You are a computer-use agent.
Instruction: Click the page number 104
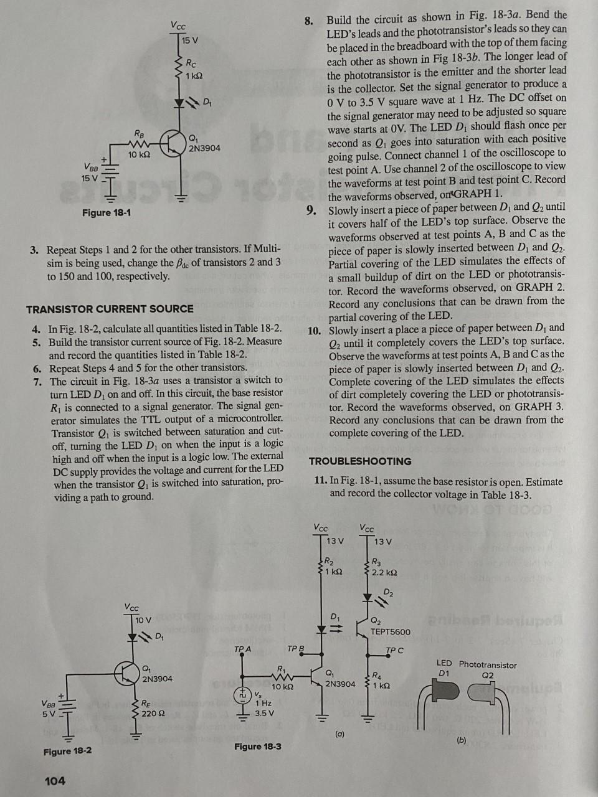[55, 780]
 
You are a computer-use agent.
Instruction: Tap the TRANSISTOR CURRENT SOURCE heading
[110, 309]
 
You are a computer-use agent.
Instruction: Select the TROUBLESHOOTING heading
[360, 461]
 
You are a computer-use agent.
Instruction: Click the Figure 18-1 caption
[107, 213]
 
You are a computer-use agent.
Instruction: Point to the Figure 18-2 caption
[67, 751]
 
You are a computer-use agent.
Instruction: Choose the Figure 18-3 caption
[257, 746]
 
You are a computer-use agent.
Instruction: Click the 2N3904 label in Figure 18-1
[204, 148]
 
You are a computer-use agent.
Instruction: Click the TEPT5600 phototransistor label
[391, 631]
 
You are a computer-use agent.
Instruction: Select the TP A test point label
[242, 649]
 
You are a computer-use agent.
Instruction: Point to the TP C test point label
[394, 651]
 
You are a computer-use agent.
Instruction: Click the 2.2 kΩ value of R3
[384, 572]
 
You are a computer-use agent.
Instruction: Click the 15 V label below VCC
[190, 40]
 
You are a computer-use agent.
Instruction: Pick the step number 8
[309, 21]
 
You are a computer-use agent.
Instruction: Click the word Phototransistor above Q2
[488, 664]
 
